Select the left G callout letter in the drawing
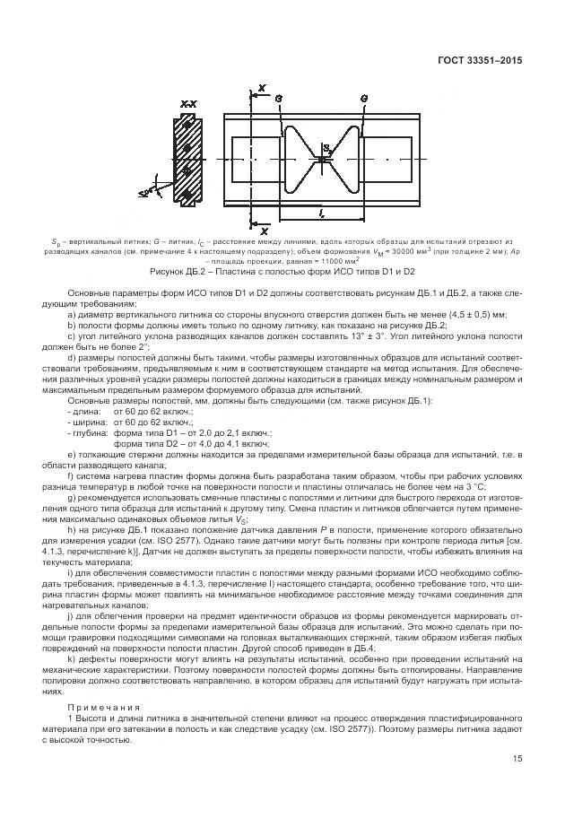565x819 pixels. pos(278,97)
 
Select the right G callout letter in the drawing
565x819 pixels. pos(363,97)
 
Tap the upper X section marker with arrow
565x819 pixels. pos(261,88)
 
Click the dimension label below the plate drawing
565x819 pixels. pos(321,213)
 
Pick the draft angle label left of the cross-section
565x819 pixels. pos(145,192)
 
